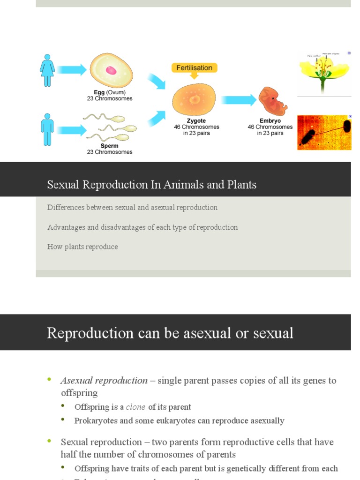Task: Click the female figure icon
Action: [x=47, y=70]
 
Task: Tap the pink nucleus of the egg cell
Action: [x=111, y=70]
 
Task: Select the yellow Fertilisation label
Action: [x=194, y=68]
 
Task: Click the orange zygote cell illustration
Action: [x=194, y=99]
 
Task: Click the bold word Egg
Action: [x=99, y=92]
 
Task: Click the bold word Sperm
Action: [x=109, y=146]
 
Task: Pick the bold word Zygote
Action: [x=196, y=121]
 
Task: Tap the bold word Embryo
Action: [x=270, y=121]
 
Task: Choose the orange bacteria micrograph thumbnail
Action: [x=324, y=133]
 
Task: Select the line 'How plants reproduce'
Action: [x=82, y=247]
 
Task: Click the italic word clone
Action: [x=135, y=407]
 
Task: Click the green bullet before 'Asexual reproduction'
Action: [x=50, y=380]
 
